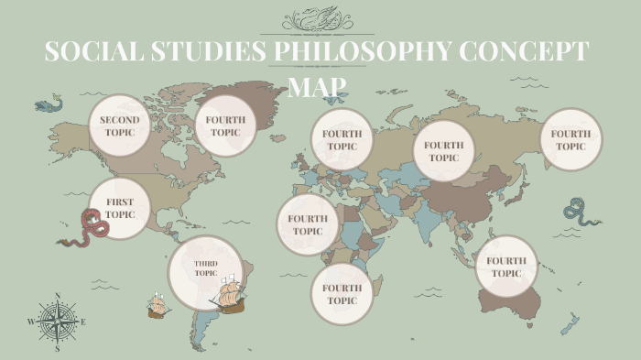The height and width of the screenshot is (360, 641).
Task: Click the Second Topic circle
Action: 119,125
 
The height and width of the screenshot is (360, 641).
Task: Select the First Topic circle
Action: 120,208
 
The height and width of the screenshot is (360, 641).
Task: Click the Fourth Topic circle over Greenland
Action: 224,125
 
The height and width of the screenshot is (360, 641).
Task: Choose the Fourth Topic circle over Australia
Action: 505,267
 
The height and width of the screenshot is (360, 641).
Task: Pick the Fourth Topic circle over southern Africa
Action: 342,294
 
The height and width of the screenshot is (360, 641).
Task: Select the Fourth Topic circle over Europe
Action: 342,139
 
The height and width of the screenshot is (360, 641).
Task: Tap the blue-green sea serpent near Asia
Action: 581,213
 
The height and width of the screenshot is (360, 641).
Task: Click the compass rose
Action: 57,322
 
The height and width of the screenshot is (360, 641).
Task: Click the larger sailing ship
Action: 229,293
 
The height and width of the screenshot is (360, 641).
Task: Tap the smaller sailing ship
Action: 158,306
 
